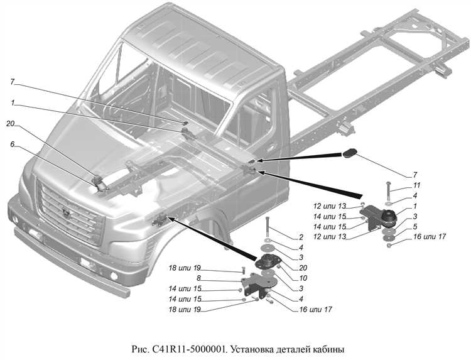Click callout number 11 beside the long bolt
pyautogui.click(x=416, y=186)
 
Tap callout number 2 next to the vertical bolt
pyautogui.click(x=301, y=237)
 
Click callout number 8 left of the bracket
pyautogui.click(x=198, y=278)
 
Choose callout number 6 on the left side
pyautogui.click(x=12, y=144)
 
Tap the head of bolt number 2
pyautogui.click(x=268, y=218)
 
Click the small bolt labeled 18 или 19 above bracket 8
pyautogui.click(x=242, y=271)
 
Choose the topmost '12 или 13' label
pyautogui.click(x=330, y=206)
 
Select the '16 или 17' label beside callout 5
pyautogui.click(x=430, y=237)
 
